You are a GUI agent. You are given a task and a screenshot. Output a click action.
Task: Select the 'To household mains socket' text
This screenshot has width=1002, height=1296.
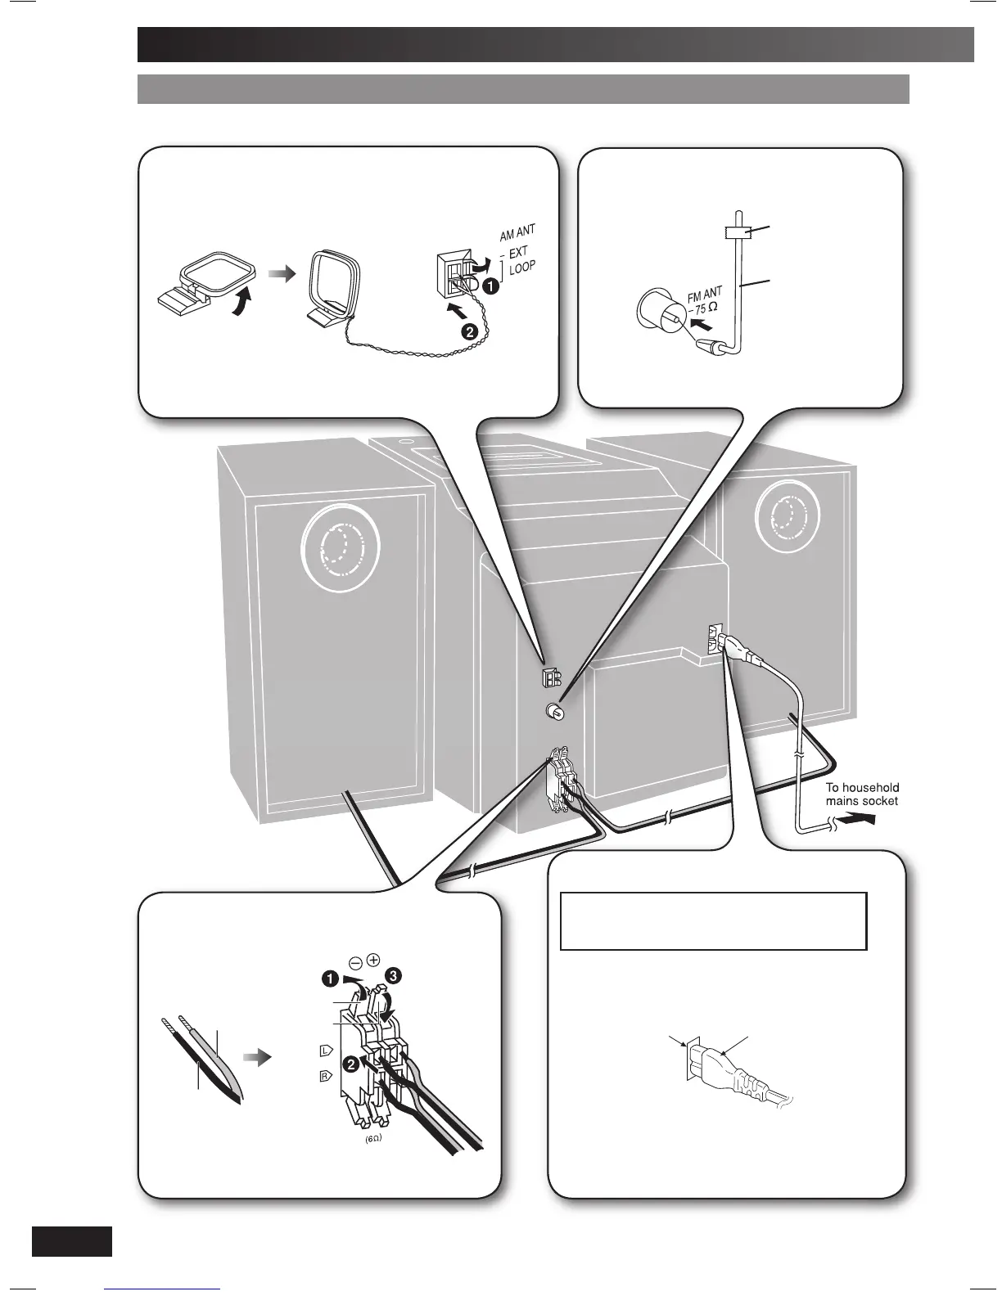coord(862,794)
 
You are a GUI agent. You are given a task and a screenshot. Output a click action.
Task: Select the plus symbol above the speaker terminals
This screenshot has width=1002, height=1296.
coord(373,957)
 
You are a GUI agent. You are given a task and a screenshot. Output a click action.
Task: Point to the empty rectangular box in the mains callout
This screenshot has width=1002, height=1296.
coord(712,920)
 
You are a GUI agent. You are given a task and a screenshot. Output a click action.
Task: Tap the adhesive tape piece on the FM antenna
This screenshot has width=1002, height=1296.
coord(739,233)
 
